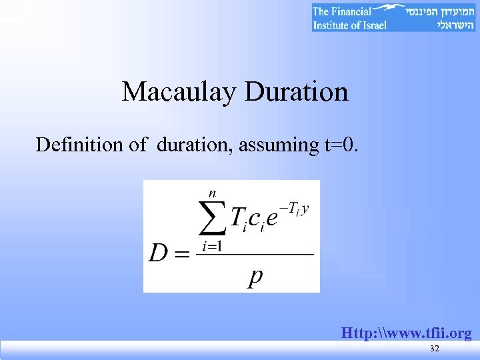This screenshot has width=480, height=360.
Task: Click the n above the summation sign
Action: coord(213,193)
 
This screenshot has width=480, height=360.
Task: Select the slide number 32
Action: coord(435,350)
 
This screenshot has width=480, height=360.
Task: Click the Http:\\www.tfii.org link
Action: coord(407,333)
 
